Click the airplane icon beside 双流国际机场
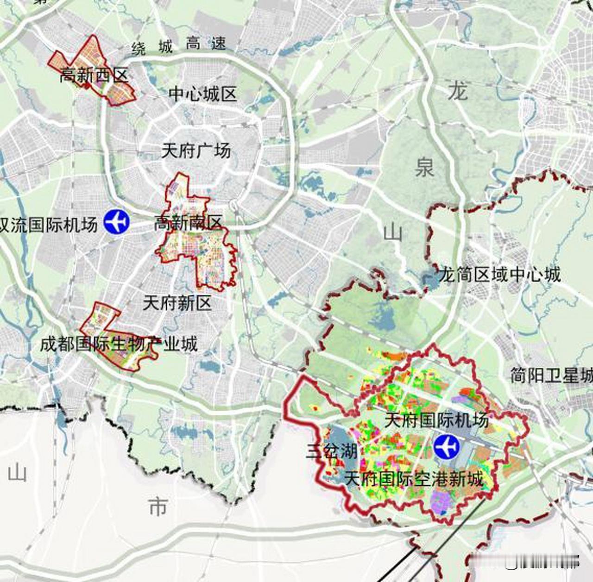(116, 221)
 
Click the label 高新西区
(94, 75)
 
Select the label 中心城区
(202, 94)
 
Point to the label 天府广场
(196, 151)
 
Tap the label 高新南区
(188, 223)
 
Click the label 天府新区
(177, 303)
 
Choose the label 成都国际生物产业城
(119, 344)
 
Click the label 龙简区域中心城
(499, 275)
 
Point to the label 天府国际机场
(436, 420)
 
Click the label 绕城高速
(179, 45)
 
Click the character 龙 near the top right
(458, 92)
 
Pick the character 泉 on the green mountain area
(424, 167)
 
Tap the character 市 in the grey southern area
(158, 507)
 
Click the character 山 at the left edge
(18, 473)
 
